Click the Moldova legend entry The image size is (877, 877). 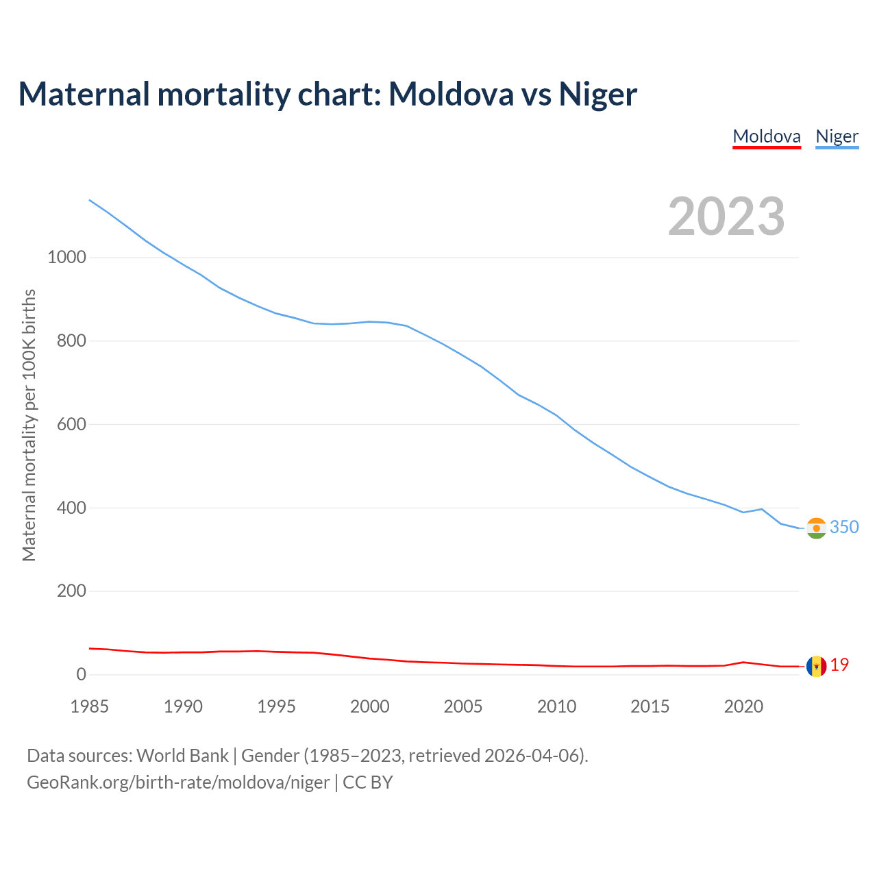coord(767,136)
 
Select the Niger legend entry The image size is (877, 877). coord(837,136)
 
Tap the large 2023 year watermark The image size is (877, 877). coord(726,217)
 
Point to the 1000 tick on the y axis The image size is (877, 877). coord(67,258)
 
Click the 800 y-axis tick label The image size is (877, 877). coord(71,341)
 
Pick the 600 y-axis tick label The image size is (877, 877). coord(71,425)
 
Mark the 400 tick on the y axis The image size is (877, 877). coord(71,508)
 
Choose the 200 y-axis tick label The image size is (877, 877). coord(71,591)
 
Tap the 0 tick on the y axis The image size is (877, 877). coord(82,675)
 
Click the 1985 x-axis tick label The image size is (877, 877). coord(90,706)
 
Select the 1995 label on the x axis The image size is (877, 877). coord(276,706)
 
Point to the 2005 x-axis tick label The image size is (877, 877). coord(463,706)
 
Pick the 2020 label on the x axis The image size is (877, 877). coord(743,706)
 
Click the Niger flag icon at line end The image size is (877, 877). coord(816,528)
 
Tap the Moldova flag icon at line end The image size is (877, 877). coord(816,666)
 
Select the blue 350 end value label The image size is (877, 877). coord(844,527)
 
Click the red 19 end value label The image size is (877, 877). coord(839,665)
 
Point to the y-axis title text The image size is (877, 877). coord(29,425)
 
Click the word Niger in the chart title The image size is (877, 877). coord(597,94)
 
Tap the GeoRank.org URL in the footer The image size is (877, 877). coord(178,782)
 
